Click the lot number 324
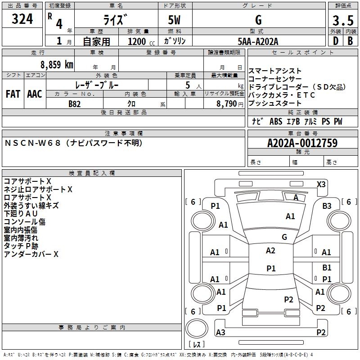tap(22, 19)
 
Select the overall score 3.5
tap(342, 21)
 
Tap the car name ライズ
tap(116, 20)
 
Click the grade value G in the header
tap(258, 20)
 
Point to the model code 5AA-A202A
tap(258, 41)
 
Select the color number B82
tap(75, 103)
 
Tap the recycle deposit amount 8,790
tap(227, 103)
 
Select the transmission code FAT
tap(13, 94)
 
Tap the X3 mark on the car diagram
tap(321, 184)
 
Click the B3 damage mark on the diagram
tap(327, 206)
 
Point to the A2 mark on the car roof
tap(270, 251)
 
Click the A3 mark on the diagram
tap(220, 332)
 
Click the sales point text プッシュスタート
tap(275, 103)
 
